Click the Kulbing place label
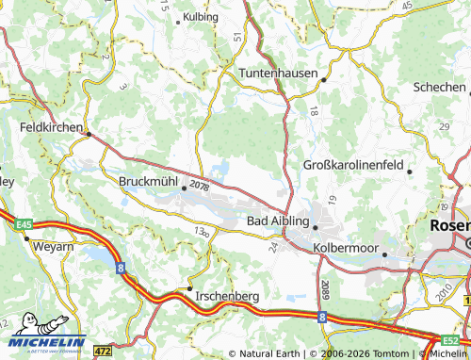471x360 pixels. (201, 17)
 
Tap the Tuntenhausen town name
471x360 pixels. (278, 73)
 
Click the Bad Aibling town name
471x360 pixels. (277, 220)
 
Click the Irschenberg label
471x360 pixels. (227, 296)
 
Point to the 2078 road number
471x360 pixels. (198, 187)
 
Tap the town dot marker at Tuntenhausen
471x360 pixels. (322, 80)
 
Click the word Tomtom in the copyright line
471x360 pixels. (377, 352)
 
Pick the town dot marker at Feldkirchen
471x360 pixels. (89, 134)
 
